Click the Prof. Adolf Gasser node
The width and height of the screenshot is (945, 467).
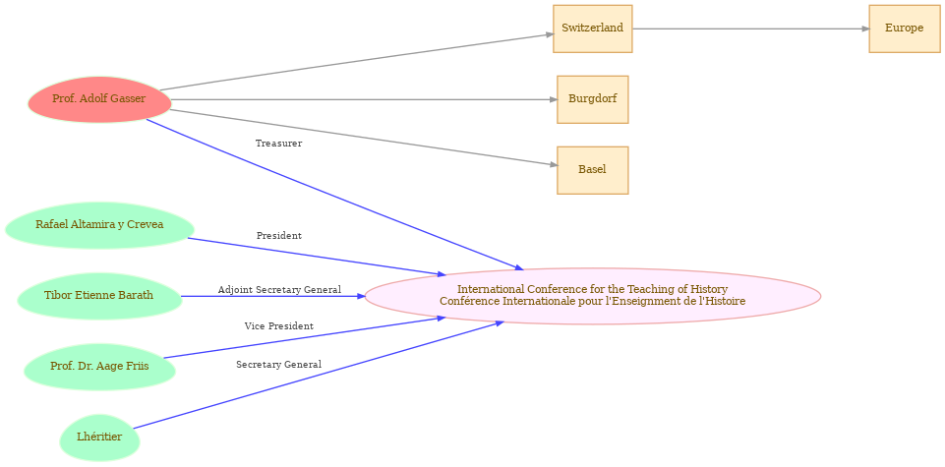(x=99, y=99)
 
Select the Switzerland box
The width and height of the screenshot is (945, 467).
(x=592, y=29)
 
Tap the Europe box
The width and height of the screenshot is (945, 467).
(x=904, y=29)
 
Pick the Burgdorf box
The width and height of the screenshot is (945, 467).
(x=592, y=99)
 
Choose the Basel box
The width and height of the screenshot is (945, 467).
(x=592, y=170)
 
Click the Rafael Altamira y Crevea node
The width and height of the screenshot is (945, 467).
(x=99, y=225)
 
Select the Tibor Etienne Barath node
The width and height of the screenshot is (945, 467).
(x=99, y=296)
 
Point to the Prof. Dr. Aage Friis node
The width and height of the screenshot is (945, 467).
(x=99, y=367)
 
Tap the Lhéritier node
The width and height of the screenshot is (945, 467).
(x=99, y=438)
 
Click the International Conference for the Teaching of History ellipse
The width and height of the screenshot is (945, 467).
(x=592, y=296)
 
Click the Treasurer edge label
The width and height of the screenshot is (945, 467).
(x=278, y=144)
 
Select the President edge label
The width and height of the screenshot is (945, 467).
(x=278, y=236)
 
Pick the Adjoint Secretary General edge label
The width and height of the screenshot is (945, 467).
(x=279, y=290)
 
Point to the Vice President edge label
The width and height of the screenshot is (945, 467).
(x=278, y=326)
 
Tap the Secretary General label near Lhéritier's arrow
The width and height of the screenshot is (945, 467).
(x=278, y=365)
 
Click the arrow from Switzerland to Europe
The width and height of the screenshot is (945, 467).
(x=747, y=29)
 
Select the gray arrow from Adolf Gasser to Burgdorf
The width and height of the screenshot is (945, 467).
(x=364, y=99)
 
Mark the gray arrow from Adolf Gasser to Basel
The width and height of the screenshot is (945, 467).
(x=364, y=138)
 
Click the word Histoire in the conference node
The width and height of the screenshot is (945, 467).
(x=723, y=302)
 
